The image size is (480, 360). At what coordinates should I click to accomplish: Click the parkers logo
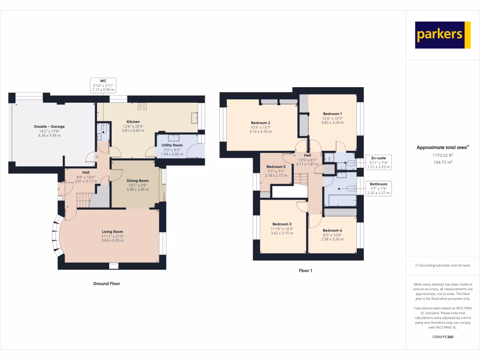[x=442, y=35]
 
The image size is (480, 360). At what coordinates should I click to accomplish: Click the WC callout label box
[x=104, y=85]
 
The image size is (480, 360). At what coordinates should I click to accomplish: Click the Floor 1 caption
[x=305, y=270]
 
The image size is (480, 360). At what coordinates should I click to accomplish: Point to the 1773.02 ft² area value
[x=442, y=155]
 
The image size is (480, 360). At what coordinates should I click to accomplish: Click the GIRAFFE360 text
[x=442, y=337]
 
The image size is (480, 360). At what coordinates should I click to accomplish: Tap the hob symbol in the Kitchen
[x=142, y=106]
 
